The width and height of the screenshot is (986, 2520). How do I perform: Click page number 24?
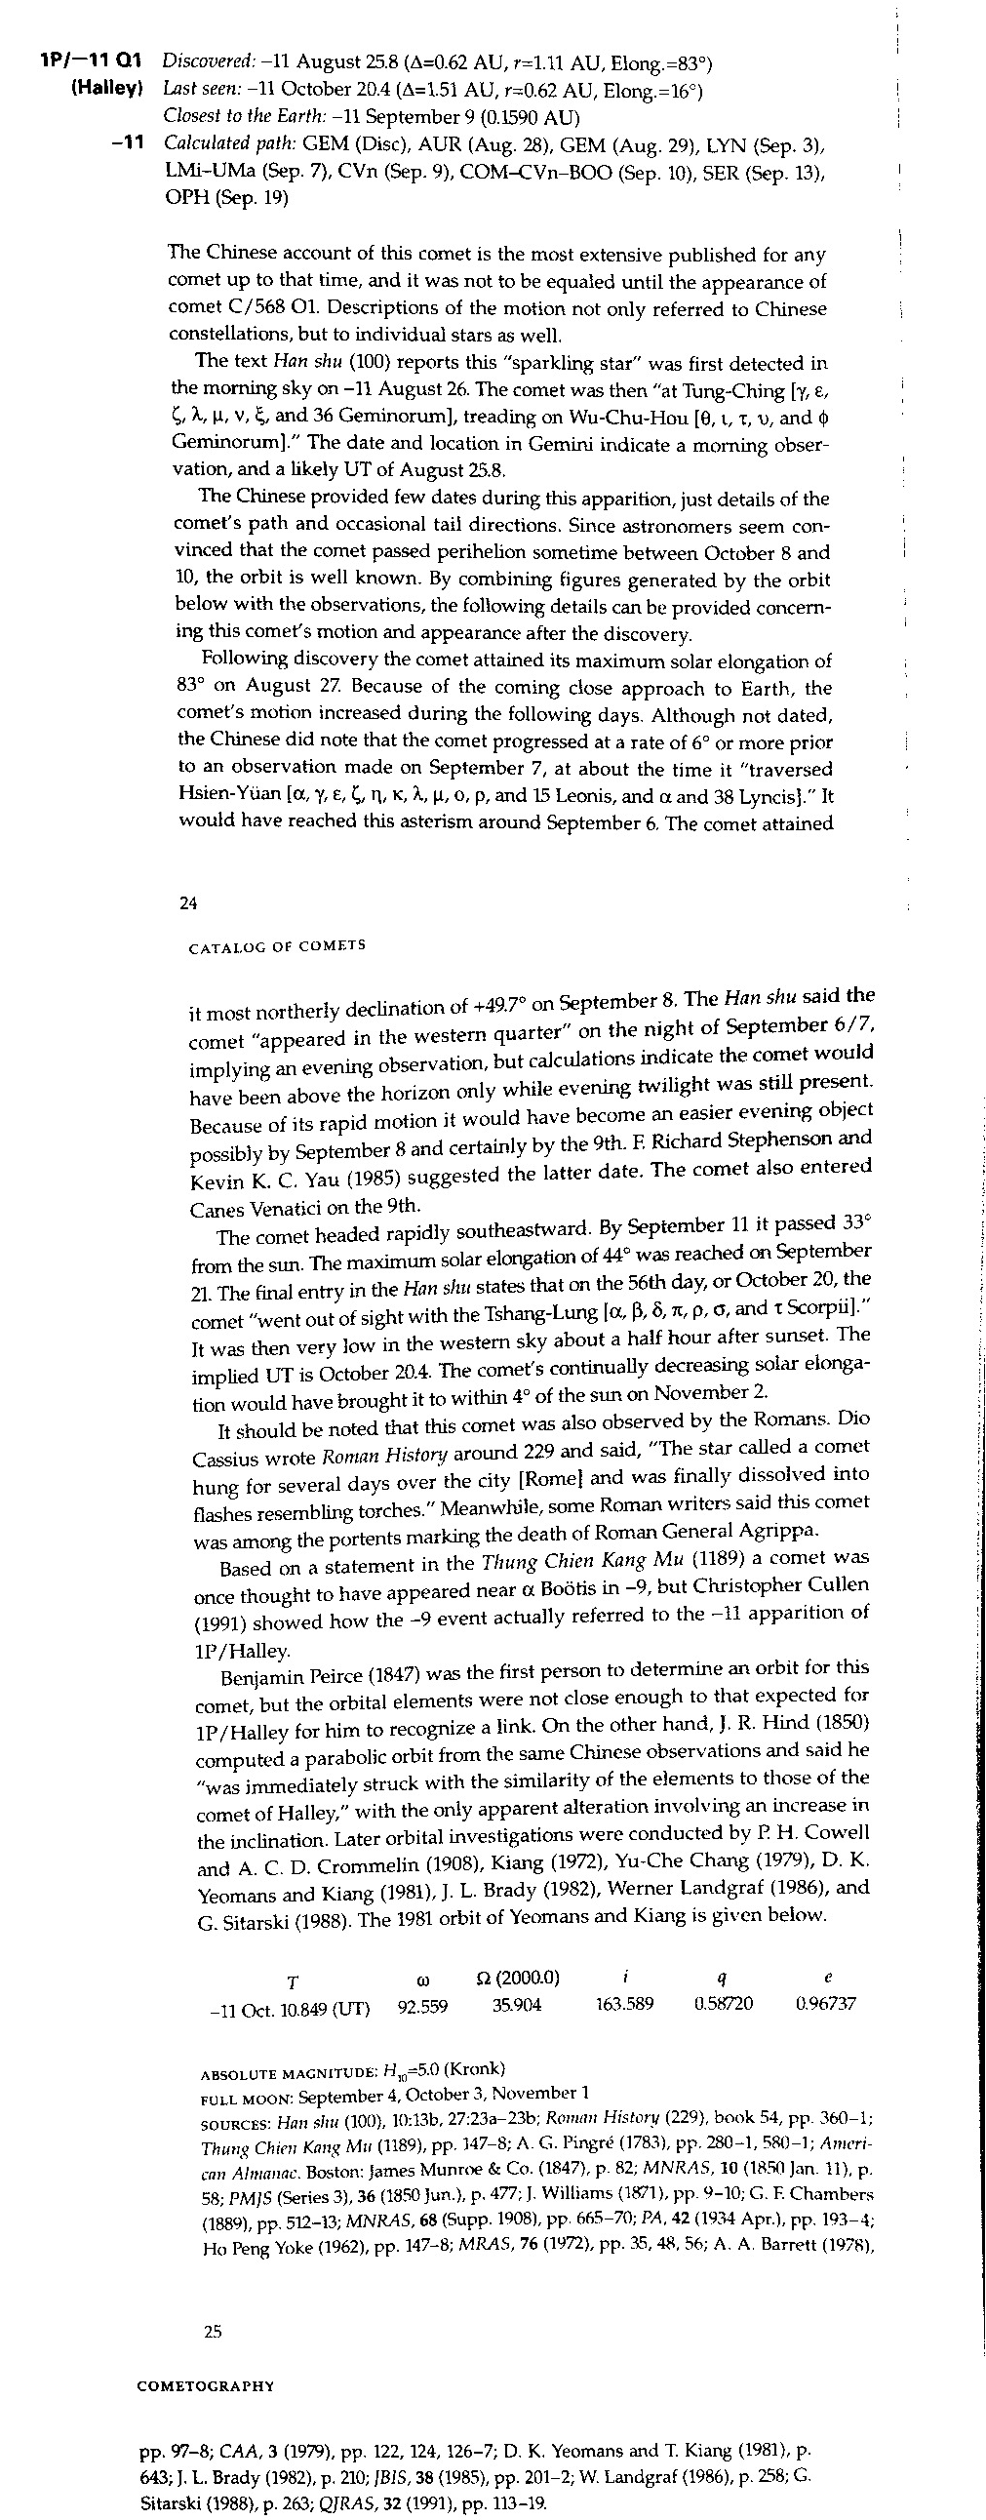pyautogui.click(x=189, y=903)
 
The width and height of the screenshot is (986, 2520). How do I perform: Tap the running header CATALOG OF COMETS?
pyautogui.click(x=276, y=946)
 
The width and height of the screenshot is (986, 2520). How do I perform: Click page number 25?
pyautogui.click(x=213, y=2331)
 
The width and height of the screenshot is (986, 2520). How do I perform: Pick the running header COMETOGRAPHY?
pyautogui.click(x=206, y=2386)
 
